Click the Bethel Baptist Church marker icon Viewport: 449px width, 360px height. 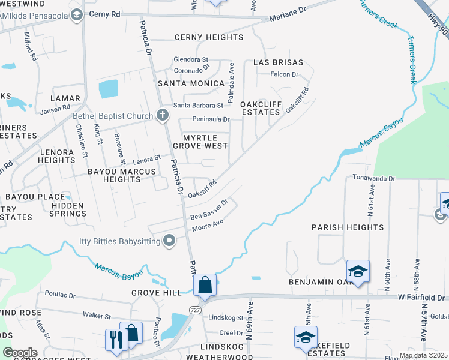(x=162, y=115)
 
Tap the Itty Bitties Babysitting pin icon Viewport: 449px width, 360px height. (x=169, y=241)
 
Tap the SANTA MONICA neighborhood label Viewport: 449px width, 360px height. (x=191, y=83)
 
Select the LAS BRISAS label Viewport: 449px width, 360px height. (x=277, y=62)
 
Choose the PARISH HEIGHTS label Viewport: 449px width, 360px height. (x=348, y=227)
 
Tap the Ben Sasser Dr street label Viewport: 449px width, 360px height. (x=209, y=210)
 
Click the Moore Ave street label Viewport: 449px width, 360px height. (x=207, y=225)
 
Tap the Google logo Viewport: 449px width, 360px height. (x=20, y=353)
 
